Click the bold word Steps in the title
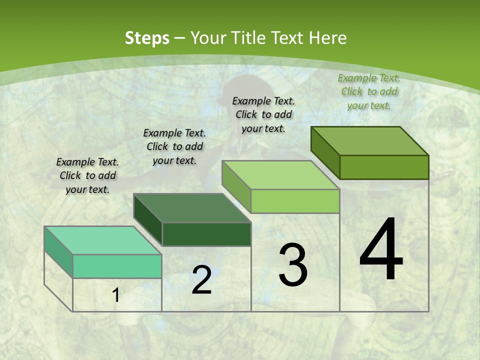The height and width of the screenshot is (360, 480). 147,38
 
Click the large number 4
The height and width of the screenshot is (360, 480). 381,250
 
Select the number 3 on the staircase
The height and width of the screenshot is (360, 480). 293,265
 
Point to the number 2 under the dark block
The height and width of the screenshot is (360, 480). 201,280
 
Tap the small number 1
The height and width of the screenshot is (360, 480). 116,295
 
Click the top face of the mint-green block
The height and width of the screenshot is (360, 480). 103,240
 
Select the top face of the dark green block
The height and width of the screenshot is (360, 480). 192,207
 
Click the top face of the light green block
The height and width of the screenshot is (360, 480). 280,175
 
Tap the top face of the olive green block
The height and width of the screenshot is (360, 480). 370,140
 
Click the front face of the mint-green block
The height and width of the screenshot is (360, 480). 117,266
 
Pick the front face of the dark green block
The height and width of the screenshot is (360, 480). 206,234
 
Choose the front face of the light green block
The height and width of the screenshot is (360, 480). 295,201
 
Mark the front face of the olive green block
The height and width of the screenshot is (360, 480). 384,167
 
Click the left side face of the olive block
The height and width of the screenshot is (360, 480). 325,152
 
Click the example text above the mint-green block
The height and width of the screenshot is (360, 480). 87,175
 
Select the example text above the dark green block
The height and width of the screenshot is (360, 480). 174,146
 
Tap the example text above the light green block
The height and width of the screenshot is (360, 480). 263,114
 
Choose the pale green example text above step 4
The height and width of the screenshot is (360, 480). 369,91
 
